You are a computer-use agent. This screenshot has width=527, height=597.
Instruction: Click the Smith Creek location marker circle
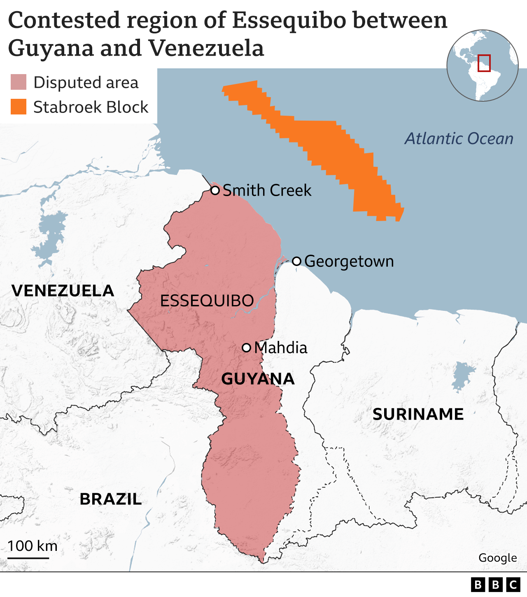(215, 190)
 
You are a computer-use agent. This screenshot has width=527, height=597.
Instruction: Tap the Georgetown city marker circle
(296, 261)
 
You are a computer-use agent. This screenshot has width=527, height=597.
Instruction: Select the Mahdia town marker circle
(246, 347)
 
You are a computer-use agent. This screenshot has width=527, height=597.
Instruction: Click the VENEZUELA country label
(63, 291)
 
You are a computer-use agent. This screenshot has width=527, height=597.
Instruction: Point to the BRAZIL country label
(110, 499)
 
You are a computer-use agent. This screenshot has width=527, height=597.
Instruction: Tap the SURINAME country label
(418, 414)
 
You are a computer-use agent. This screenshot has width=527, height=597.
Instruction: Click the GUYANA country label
(258, 379)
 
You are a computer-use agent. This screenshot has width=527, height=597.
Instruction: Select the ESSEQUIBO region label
(207, 301)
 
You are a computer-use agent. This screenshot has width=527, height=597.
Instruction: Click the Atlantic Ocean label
(459, 139)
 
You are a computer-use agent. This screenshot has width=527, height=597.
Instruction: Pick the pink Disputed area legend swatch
(19, 82)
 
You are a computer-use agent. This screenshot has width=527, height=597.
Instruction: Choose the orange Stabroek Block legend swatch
(19, 107)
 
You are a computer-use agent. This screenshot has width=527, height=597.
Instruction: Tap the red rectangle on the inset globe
(484, 63)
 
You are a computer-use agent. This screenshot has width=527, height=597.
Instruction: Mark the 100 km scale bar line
(28, 558)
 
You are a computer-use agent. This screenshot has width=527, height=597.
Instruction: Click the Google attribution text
(497, 558)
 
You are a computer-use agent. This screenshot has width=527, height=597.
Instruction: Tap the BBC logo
(495, 585)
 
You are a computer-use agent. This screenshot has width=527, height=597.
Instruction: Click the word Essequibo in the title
(288, 21)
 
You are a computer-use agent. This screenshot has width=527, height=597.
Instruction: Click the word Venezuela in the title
(206, 48)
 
